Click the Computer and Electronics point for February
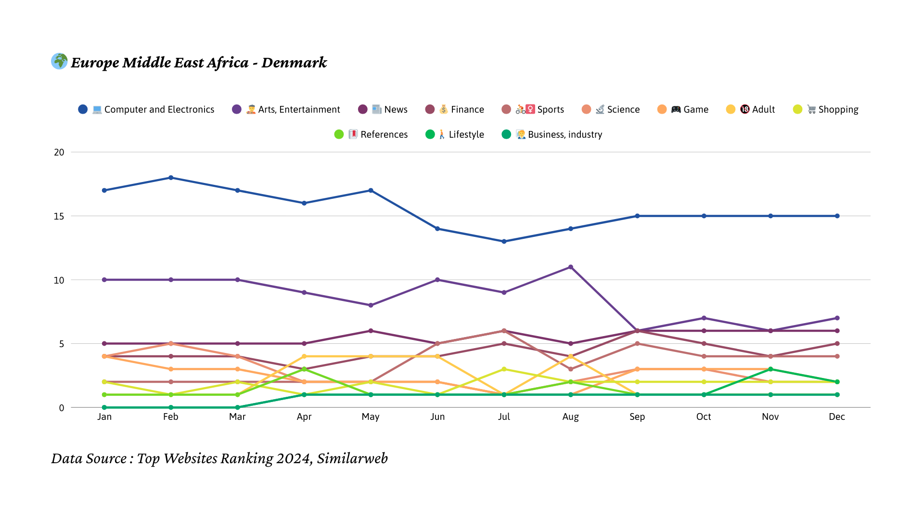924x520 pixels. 171,178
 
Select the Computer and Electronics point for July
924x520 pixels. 504,241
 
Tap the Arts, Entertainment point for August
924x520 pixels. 571,267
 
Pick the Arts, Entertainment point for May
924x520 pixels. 371,305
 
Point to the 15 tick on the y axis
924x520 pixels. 59,216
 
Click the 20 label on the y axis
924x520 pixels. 59,152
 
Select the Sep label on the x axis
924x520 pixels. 637,416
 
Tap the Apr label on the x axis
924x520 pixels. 304,416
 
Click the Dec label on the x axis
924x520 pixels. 837,416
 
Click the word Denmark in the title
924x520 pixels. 294,63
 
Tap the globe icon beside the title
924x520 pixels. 59,61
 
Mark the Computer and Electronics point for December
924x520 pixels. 837,216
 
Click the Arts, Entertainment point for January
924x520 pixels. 104,280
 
